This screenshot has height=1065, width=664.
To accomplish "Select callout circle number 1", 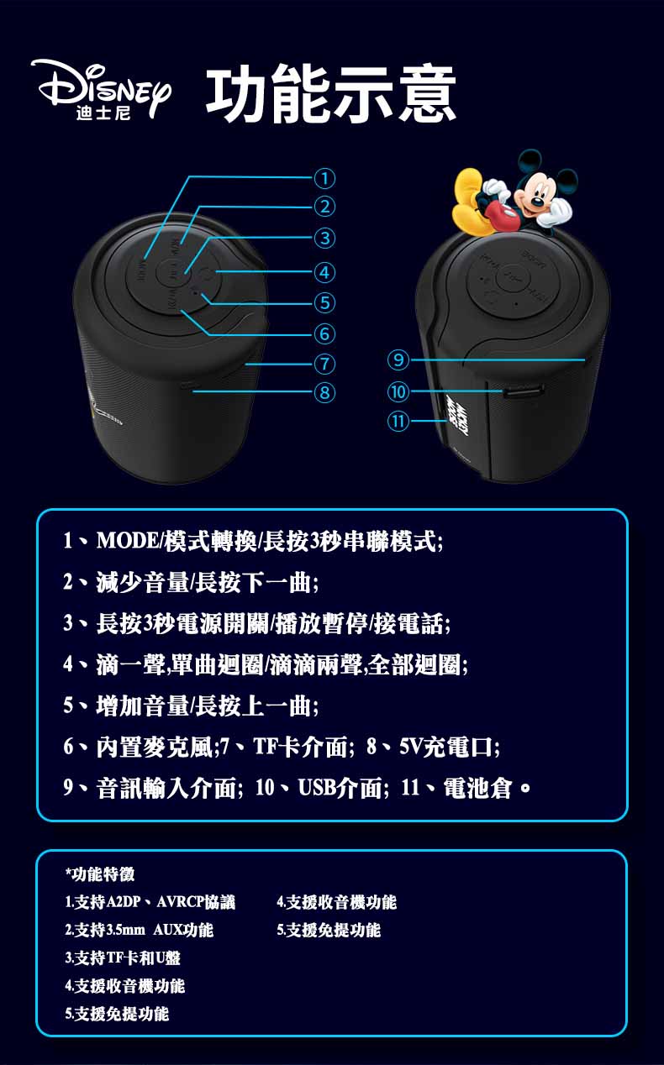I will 324,177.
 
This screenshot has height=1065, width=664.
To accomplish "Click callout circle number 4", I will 324,272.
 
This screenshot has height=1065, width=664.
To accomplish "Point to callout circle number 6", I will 324,334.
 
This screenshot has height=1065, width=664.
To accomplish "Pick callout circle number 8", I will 324,391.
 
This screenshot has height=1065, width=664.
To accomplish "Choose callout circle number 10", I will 398,391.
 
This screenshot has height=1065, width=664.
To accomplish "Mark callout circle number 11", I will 398,420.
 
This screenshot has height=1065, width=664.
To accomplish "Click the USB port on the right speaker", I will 524,391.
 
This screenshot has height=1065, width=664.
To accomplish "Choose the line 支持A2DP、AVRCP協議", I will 150,903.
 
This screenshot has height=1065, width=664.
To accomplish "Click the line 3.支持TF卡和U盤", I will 123,958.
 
